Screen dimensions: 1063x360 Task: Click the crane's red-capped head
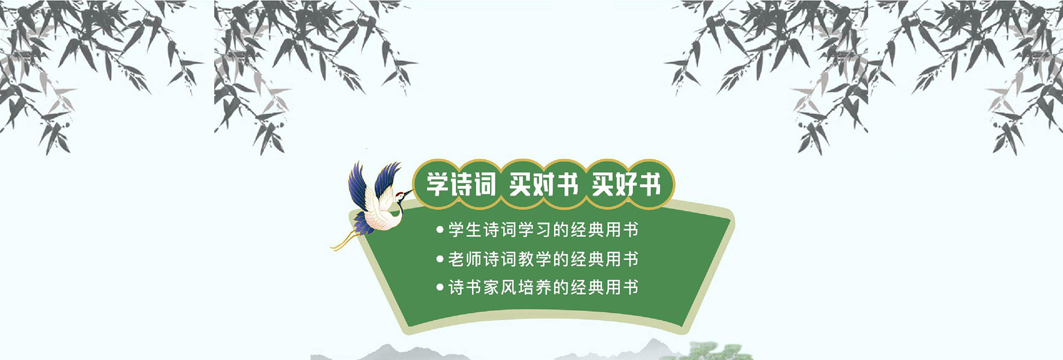tap(400, 195)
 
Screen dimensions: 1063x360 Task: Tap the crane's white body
tap(382, 216)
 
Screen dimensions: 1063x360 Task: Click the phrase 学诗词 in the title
tap(461, 184)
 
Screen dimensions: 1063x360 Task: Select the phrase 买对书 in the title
tap(544, 184)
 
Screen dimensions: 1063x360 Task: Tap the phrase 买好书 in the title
tap(626, 184)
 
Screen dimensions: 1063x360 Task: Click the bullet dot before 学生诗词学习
tap(440, 229)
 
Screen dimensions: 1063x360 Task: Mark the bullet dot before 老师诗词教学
tap(440, 259)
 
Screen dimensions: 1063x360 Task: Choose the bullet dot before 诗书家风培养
tap(440, 287)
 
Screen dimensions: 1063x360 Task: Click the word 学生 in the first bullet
tap(465, 229)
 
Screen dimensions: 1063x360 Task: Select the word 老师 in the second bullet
tap(465, 259)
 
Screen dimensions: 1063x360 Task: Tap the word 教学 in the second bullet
tap(535, 259)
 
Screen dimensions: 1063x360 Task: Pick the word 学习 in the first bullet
tap(535, 229)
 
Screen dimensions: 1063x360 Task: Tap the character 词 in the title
tap(485, 184)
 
